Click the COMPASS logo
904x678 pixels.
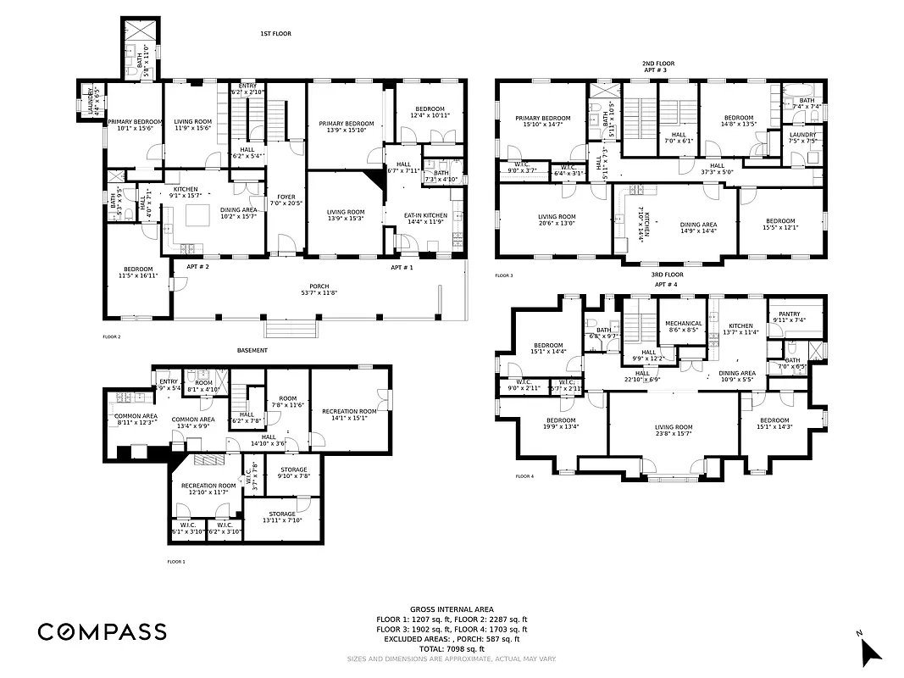pos(102,631)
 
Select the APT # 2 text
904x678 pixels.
pos(197,267)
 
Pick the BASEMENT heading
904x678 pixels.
pos(252,350)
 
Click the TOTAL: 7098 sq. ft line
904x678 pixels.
pos(452,648)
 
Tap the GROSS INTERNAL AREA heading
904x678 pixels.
pos(452,609)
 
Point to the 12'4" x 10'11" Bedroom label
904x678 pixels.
pos(430,112)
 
